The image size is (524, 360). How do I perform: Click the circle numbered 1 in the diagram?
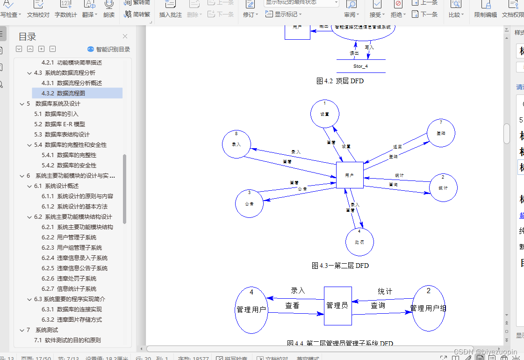pyautogui.click(x=325, y=114)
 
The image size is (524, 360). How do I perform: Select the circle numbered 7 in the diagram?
pyautogui.click(x=441, y=133)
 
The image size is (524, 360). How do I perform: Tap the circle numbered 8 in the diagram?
pyautogui.click(x=237, y=144)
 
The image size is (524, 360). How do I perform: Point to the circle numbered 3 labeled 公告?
pyautogui.click(x=250, y=203)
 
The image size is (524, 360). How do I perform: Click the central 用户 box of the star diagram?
pyautogui.click(x=350, y=175)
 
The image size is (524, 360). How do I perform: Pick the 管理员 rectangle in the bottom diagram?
pyautogui.click(x=337, y=306)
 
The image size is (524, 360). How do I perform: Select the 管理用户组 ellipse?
pyautogui.click(x=428, y=308)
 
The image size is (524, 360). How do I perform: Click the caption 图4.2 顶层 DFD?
pyautogui.click(x=340, y=81)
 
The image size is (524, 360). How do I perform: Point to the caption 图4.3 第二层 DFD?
pyautogui.click(x=340, y=266)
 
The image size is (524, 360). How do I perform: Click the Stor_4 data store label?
pyautogui.click(x=360, y=66)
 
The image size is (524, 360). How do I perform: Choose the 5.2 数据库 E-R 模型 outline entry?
pyautogui.click(x=59, y=124)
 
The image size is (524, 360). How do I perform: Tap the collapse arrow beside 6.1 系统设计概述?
pyautogui.click(x=29, y=186)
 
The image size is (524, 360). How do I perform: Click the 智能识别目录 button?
pyautogui.click(x=108, y=49)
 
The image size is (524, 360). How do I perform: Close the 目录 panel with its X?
pyautogui.click(x=125, y=36)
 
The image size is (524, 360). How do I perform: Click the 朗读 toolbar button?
pyautogui.click(x=109, y=9)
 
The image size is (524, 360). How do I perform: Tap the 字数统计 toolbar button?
pyautogui.click(x=65, y=9)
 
